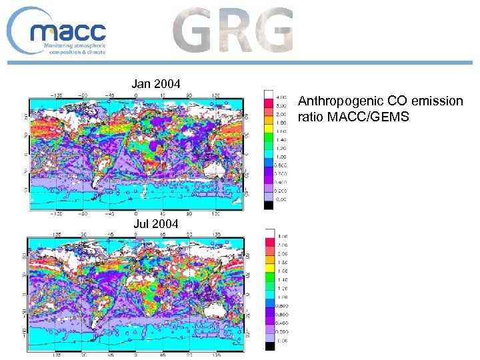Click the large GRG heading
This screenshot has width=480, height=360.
coord(233,30)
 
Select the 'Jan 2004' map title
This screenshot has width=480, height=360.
coord(155,84)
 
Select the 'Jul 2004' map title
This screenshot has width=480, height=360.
coord(155,224)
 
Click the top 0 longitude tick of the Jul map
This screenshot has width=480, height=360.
coord(137,234)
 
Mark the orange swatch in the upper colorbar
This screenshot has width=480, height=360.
coord(269,114)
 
